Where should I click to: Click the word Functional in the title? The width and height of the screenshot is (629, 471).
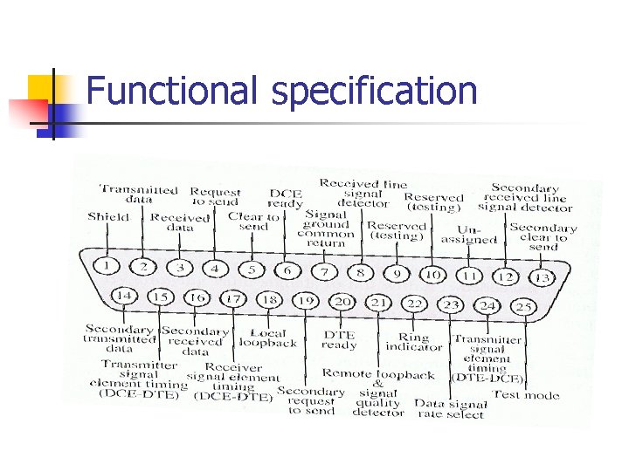click(173, 92)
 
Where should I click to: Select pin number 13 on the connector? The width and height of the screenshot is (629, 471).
click(543, 277)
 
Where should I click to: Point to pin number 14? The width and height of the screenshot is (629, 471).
click(124, 296)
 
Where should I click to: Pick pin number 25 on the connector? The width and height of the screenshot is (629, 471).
click(523, 307)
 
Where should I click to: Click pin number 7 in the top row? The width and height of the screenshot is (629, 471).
click(324, 271)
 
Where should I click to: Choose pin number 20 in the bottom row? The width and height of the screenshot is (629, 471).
click(342, 302)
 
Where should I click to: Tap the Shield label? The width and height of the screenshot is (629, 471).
click(107, 217)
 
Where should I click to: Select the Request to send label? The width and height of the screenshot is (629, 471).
click(215, 196)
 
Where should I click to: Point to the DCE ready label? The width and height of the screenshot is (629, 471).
click(285, 199)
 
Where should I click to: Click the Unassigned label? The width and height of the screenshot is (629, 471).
click(468, 235)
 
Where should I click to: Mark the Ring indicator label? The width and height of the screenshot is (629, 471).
click(414, 342)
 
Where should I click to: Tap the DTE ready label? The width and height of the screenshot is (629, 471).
click(339, 340)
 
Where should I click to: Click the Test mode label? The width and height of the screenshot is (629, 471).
click(526, 394)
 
